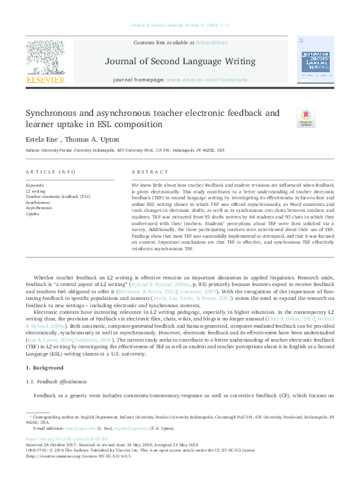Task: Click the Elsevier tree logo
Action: click(45, 63)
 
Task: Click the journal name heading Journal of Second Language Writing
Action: click(179, 62)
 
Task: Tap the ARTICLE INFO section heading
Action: click(50, 172)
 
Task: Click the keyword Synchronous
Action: click(36, 203)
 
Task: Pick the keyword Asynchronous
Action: click(38, 208)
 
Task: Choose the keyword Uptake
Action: click(32, 214)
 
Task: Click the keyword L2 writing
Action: click(34, 191)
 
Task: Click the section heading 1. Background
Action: click(46, 367)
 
